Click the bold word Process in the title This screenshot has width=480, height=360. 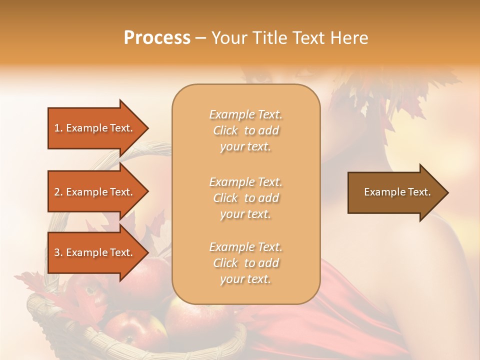pos(157,37)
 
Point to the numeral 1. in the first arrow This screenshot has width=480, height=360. pos(58,128)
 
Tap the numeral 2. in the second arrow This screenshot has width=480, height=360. pos(58,192)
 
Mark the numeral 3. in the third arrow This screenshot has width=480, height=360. pos(58,252)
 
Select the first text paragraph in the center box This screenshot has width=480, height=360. pos(245,130)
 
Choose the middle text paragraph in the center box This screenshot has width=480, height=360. pos(245,198)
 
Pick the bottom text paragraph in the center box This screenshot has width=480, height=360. pos(245,263)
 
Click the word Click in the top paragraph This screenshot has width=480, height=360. pos(225,130)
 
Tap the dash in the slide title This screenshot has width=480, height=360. pos(200,38)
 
